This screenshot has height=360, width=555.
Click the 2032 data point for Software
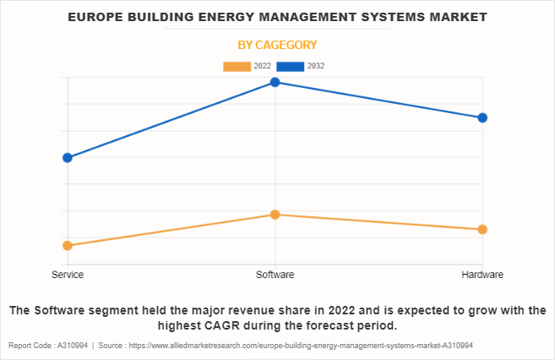[x=275, y=82]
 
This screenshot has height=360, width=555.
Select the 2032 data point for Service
[x=68, y=157]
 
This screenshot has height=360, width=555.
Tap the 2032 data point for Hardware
[x=482, y=117]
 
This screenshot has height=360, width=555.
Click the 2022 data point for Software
[x=275, y=215]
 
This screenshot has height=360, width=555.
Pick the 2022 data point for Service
[x=68, y=245]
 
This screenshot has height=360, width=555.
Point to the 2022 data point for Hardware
[x=482, y=229]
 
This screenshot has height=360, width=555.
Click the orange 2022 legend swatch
[x=237, y=66]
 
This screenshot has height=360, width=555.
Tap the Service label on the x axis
[x=68, y=275]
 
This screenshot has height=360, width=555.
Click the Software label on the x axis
[x=275, y=275]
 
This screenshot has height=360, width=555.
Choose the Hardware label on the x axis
[x=482, y=275]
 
